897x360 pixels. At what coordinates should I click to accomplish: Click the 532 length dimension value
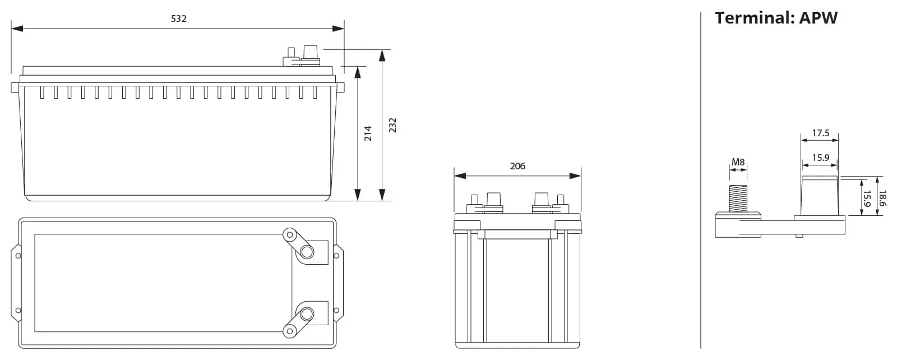[178, 19]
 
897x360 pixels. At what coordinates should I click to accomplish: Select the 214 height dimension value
[368, 133]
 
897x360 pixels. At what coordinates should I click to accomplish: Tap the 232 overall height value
[392, 124]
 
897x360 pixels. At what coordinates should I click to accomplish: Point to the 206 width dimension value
[517, 166]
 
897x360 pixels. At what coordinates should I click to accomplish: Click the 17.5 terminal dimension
[820, 133]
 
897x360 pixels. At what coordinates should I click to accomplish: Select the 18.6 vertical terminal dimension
[882, 198]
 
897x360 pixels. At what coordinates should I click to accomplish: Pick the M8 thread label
[738, 163]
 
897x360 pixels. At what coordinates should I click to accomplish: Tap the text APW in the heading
[818, 18]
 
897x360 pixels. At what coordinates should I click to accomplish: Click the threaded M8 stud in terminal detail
[738, 198]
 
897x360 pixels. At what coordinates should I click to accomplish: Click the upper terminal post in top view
[307, 252]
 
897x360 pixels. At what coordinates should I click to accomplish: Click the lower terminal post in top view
[307, 312]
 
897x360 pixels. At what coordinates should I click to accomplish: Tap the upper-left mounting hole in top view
[19, 256]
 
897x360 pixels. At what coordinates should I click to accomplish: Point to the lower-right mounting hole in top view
[336, 310]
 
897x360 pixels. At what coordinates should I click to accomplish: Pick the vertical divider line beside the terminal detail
[701, 179]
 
